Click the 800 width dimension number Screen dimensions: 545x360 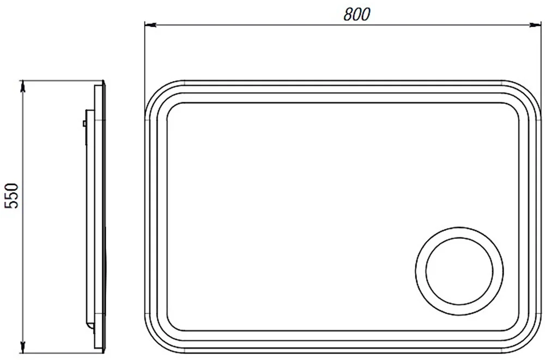click(357, 14)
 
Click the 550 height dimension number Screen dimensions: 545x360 click(11, 195)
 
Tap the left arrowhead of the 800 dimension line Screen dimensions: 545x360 click(150, 25)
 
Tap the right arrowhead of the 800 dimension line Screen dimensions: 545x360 click(536, 25)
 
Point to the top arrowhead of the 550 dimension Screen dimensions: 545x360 click(23, 86)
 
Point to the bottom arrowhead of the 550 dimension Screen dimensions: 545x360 click(23, 347)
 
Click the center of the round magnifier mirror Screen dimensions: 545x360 click(459, 271)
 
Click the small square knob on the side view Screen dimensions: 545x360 click(84, 123)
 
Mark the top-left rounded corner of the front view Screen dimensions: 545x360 click(155, 91)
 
